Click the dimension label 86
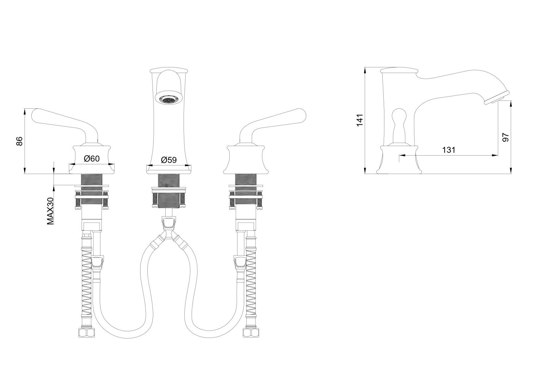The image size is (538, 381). click(x=19, y=141)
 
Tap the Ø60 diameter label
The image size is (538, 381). click(x=92, y=158)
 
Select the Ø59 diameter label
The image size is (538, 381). click(x=169, y=160)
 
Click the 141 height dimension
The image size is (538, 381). click(x=360, y=120)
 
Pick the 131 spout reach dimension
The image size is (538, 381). click(x=449, y=150)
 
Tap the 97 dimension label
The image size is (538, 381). click(x=506, y=137)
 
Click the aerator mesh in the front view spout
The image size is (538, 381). click(x=169, y=99)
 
